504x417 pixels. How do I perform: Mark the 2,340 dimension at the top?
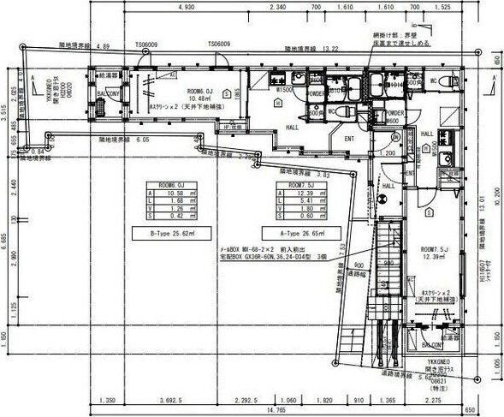click(277, 7)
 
